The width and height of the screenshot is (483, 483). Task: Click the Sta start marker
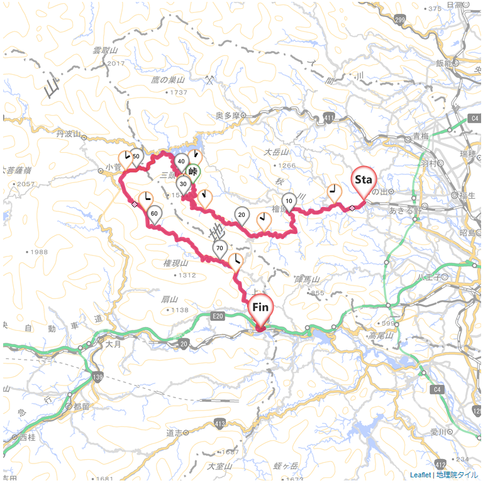(x=364, y=180)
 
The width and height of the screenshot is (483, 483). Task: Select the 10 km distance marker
(x=289, y=201)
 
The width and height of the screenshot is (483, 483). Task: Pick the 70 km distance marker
(x=219, y=248)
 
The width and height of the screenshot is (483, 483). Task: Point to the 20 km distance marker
(x=241, y=215)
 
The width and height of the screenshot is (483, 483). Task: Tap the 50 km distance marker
(x=136, y=157)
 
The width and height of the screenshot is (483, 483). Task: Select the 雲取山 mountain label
(x=105, y=50)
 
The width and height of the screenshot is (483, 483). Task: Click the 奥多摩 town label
(x=228, y=115)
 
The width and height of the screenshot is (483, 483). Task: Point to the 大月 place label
(x=113, y=344)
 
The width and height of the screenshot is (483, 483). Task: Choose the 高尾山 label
(x=381, y=336)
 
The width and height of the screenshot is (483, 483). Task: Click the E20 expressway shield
(x=218, y=315)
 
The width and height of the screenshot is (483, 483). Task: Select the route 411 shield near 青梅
(x=329, y=118)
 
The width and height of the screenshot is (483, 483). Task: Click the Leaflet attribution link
(x=420, y=475)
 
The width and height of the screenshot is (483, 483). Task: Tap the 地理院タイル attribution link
(x=457, y=475)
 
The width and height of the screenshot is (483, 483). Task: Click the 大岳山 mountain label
(x=275, y=152)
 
